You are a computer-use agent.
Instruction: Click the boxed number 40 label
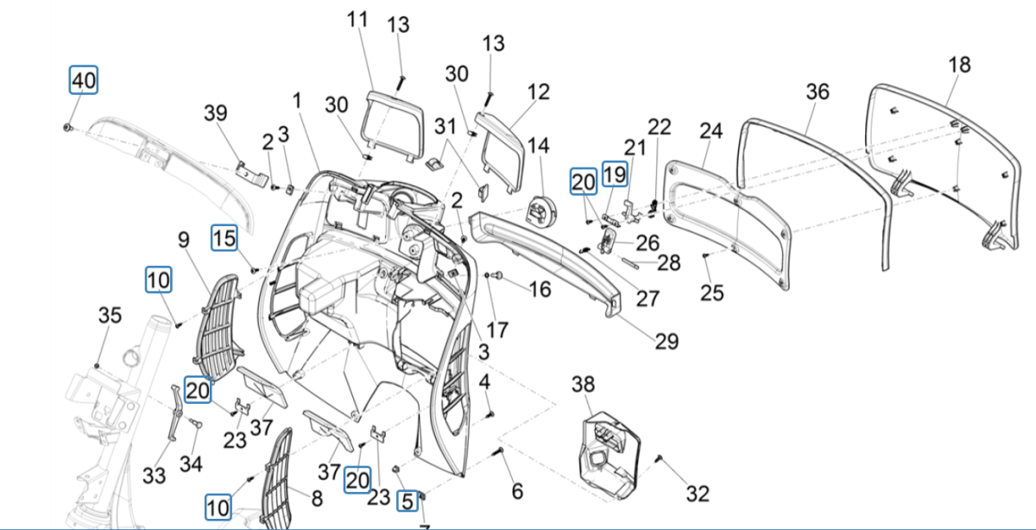[84, 80]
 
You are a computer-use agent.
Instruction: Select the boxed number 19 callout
[614, 174]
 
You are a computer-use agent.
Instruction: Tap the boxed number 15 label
[224, 238]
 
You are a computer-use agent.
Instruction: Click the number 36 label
[817, 91]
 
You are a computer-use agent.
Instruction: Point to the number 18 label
[958, 65]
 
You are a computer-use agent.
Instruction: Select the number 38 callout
[584, 385]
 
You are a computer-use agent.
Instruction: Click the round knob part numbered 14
[542, 210]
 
